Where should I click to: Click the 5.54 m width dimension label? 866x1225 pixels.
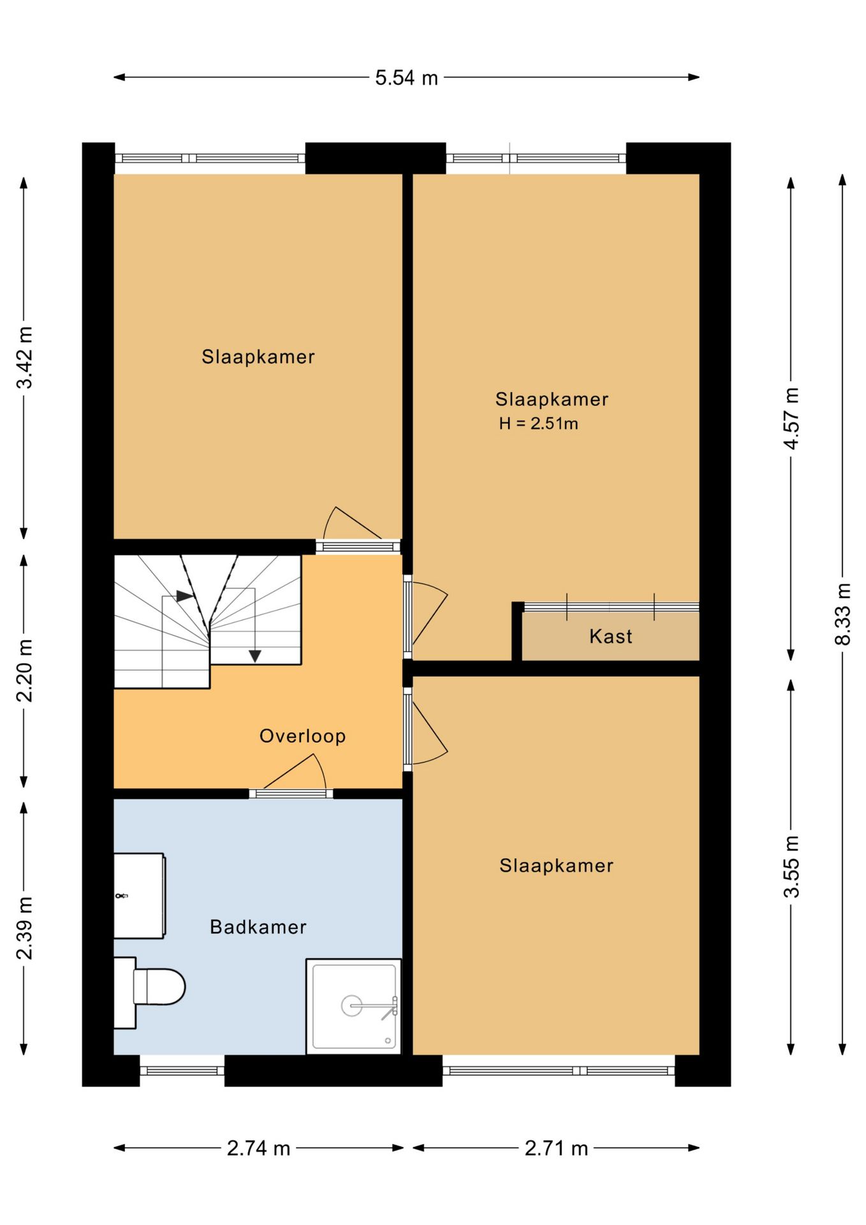[x=406, y=78]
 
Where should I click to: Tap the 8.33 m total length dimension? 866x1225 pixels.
[x=842, y=614]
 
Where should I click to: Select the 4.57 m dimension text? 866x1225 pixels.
[x=791, y=418]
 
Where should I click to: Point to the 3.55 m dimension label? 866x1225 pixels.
[x=791, y=866]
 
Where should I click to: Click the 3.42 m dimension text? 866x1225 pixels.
[x=24, y=357]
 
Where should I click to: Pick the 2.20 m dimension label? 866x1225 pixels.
[x=24, y=670]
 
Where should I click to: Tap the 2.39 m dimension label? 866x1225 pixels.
[x=24, y=928]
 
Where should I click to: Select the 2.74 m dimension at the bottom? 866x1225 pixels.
[x=258, y=1148]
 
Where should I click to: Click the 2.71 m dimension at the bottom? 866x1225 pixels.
[x=556, y=1148]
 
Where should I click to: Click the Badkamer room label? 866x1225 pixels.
[x=258, y=926]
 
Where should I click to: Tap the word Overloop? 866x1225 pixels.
[x=302, y=736]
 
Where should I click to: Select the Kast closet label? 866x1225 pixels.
[x=611, y=636]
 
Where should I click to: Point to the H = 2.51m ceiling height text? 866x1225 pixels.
[x=538, y=424]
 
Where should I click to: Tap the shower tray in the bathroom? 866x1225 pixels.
[x=354, y=1006]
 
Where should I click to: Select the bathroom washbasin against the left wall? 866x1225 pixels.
[x=140, y=896]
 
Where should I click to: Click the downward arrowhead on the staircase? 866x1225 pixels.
[x=255, y=656]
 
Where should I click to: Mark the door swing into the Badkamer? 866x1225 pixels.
[x=295, y=771]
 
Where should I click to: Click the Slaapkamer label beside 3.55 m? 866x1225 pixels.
[x=556, y=866]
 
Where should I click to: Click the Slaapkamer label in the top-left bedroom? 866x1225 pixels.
[x=258, y=357]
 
